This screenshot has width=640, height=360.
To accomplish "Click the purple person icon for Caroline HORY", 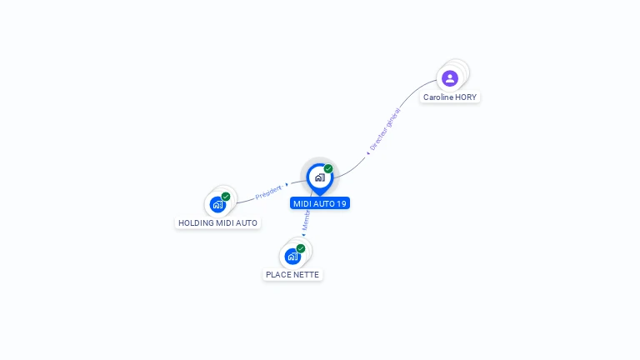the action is click(450, 78).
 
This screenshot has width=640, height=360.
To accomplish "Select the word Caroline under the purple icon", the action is click(437, 97).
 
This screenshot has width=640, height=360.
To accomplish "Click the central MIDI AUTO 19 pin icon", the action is click(319, 177).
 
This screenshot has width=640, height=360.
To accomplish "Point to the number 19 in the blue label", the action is click(342, 203).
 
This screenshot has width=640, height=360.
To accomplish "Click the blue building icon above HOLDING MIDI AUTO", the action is click(217, 204).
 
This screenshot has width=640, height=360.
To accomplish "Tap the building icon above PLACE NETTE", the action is click(292, 256).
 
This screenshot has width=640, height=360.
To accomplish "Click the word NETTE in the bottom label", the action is click(306, 274).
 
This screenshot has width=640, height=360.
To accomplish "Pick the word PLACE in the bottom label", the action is click(277, 274).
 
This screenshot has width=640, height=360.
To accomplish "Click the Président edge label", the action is click(268, 192).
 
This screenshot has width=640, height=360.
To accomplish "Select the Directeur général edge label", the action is click(385, 128).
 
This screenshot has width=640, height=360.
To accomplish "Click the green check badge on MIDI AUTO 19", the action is click(328, 169).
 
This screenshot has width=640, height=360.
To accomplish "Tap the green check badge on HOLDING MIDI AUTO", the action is click(226, 197).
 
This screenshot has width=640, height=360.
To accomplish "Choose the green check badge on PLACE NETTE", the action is click(301, 248).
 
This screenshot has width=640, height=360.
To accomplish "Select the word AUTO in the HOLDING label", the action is click(246, 223).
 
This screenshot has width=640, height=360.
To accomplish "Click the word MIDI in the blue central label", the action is click(302, 203).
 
